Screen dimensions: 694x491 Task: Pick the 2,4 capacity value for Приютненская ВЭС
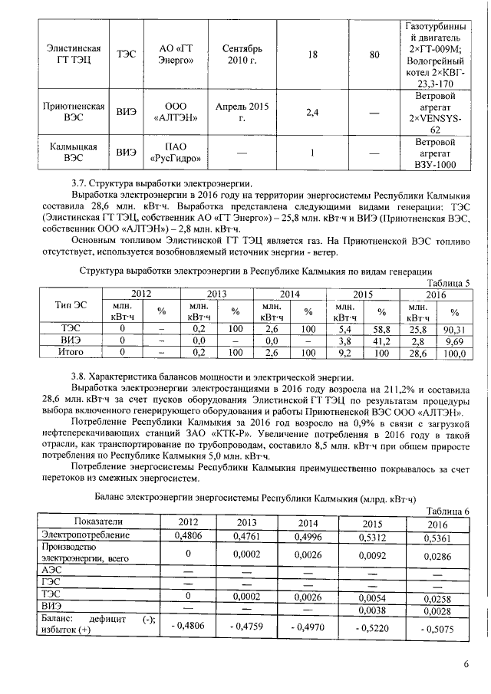click(312, 113)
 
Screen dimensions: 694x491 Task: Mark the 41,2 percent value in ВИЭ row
click(382, 340)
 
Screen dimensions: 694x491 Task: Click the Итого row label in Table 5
click(71, 352)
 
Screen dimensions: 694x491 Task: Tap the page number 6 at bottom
click(466, 664)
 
